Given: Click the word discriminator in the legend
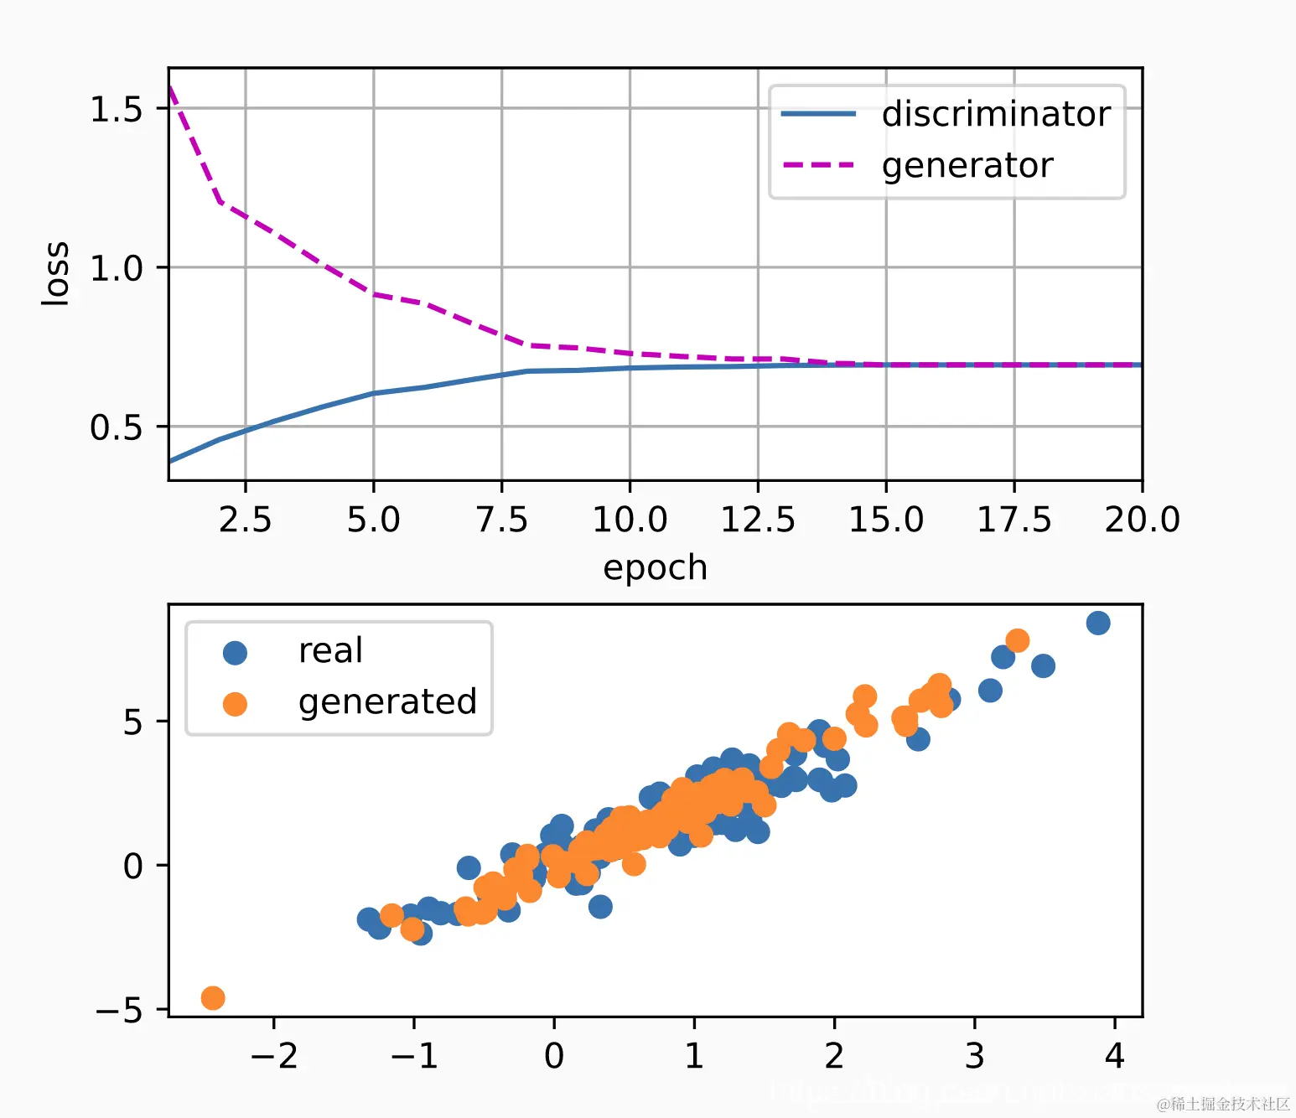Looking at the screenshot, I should (996, 114).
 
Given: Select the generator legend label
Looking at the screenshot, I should (967, 166).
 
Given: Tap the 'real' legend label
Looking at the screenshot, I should (330, 651).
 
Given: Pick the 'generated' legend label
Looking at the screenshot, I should (387, 702).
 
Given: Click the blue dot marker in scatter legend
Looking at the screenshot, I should (235, 653).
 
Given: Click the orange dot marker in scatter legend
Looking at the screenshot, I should (235, 704).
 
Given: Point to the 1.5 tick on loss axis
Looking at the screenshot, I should (117, 110).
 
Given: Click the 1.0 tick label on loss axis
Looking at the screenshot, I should (117, 269).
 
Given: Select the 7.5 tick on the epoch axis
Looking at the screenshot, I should (501, 520).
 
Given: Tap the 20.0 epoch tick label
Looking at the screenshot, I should (1142, 520).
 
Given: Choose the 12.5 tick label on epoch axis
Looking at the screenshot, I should (758, 520).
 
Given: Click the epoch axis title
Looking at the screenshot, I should (655, 568).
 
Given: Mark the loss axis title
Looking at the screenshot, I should (55, 273).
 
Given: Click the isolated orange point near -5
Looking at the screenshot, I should (213, 998).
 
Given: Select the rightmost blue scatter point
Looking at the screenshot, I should (1098, 623).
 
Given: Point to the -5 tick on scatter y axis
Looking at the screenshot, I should (119, 1011).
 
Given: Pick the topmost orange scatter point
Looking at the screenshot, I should (1017, 641).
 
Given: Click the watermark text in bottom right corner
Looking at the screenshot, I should (1224, 1104).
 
